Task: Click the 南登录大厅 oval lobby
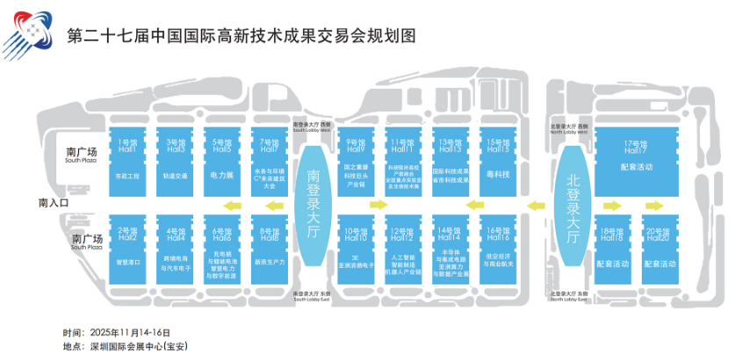pyautogui.click(x=314, y=204)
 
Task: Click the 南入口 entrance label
pyautogui.click(x=60, y=203)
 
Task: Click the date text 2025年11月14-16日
pyautogui.click(x=132, y=333)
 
